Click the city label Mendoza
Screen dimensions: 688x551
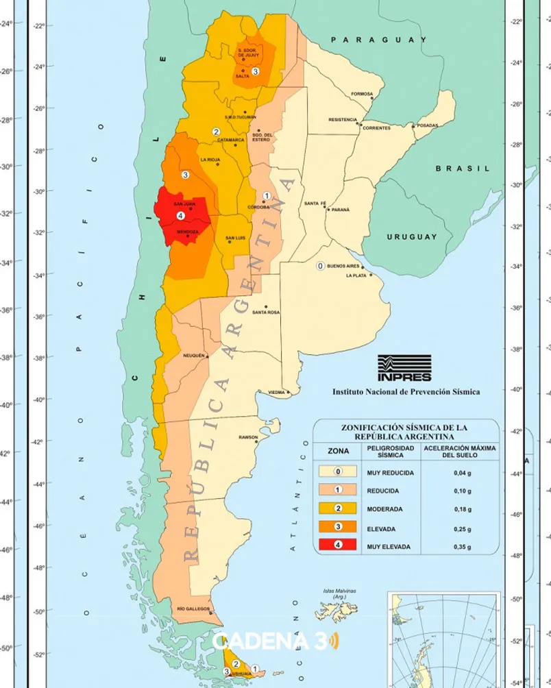tap(187, 232)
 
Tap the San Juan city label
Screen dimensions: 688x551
tap(185, 204)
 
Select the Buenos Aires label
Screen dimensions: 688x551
tap(344, 265)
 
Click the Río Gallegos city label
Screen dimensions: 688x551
tap(193, 609)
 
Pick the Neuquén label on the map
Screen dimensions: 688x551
tap(194, 356)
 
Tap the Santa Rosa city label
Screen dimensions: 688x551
tap(265, 312)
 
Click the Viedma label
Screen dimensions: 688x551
tap(275, 393)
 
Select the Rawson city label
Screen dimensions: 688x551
tap(247, 437)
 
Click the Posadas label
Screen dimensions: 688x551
tap(426, 125)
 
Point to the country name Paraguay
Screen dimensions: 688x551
tap(378, 40)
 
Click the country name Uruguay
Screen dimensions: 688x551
tap(411, 236)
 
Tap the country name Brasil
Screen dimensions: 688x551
tap(463, 168)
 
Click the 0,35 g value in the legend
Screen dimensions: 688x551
tap(461, 547)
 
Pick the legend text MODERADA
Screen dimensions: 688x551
tap(384, 509)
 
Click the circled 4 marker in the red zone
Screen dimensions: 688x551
tap(180, 216)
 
